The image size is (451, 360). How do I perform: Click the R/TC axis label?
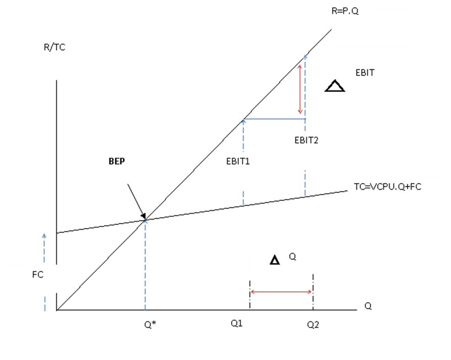point(54,47)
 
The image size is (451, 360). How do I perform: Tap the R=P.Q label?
point(345,12)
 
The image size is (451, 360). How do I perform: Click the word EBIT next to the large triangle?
point(365,73)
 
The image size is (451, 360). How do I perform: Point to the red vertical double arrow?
point(300,89)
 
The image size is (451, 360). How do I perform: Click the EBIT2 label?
point(306,140)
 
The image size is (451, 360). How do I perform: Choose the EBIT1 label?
point(238,161)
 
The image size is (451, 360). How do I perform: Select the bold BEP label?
point(117,162)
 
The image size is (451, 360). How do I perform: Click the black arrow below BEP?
point(136,200)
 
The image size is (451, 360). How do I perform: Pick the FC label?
point(38,274)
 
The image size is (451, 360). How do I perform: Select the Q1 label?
point(237,324)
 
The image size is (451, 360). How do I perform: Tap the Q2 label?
point(313,325)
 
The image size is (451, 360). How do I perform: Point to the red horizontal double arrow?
point(281,292)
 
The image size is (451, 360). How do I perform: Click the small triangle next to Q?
point(275,260)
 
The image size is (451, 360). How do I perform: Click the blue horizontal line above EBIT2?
point(274,120)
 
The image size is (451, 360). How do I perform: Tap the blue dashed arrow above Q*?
point(146,265)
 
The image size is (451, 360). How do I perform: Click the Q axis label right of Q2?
point(368,307)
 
